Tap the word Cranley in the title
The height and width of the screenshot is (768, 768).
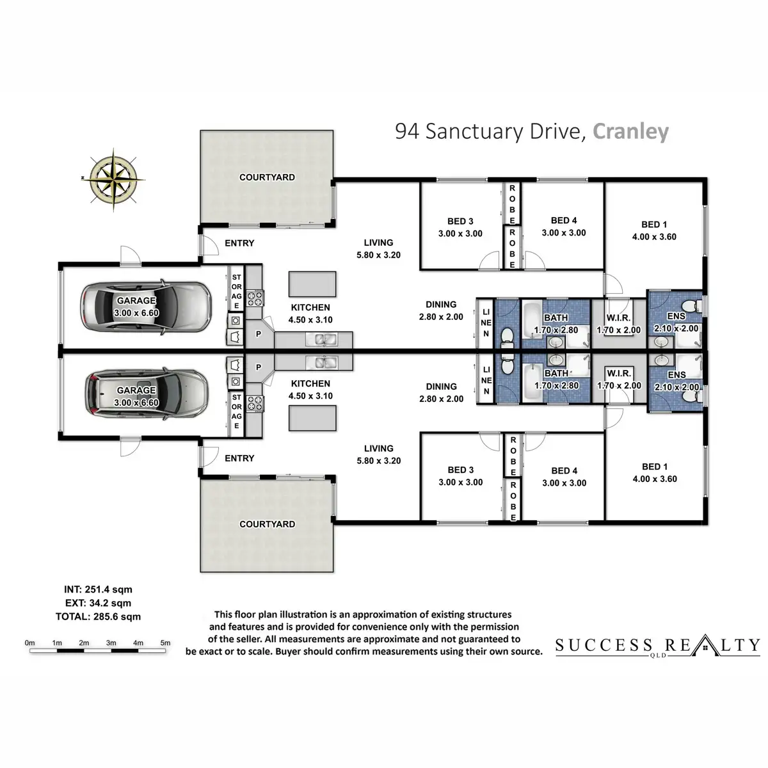pyautogui.click(x=630, y=131)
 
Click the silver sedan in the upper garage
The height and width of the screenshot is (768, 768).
pyautogui.click(x=145, y=308)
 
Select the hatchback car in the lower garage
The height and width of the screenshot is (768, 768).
pyautogui.click(x=146, y=394)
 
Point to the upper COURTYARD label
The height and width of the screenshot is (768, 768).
pyautogui.click(x=267, y=177)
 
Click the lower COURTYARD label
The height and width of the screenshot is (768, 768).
pyautogui.click(x=267, y=524)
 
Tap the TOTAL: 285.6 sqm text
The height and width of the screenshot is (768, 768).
pyautogui.click(x=98, y=617)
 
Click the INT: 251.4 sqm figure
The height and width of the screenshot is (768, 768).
pyautogui.click(x=98, y=589)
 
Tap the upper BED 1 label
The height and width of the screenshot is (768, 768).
pyautogui.click(x=654, y=225)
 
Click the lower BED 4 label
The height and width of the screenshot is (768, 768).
pyautogui.click(x=564, y=471)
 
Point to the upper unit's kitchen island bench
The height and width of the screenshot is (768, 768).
pyautogui.click(x=312, y=282)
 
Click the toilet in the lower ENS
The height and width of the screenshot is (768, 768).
pyautogui.click(x=689, y=396)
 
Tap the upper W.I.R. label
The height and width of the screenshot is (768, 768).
pyautogui.click(x=618, y=318)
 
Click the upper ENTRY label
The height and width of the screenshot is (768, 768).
pyautogui.click(x=239, y=243)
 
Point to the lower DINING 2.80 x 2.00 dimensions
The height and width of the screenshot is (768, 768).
pyautogui.click(x=441, y=399)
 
